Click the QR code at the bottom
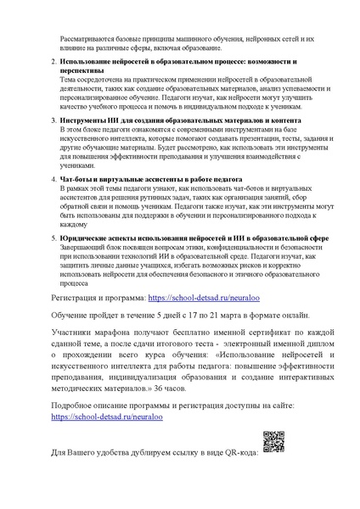[x=273, y=443]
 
